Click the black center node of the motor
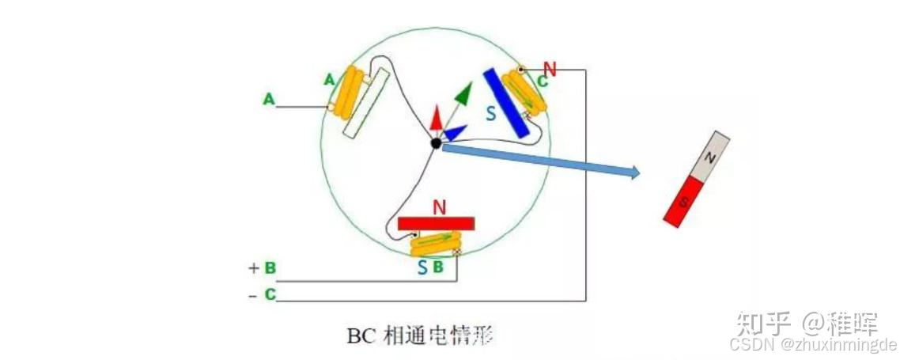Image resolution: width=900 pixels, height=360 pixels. [x=436, y=143]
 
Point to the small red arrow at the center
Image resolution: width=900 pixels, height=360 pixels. [x=436, y=117]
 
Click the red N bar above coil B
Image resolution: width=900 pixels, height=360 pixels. [x=437, y=223]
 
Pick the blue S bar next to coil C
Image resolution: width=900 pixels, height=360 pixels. [x=506, y=101]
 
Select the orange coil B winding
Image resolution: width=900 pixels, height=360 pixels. [x=434, y=242]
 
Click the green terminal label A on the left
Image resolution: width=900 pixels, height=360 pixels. [x=269, y=100]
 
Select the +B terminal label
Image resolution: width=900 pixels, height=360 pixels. [x=263, y=268]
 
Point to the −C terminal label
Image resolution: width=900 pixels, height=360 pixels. [x=263, y=294]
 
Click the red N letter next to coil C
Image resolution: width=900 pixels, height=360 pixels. [x=550, y=69]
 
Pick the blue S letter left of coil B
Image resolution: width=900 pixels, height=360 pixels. [x=423, y=267]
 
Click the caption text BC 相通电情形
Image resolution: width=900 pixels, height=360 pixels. [x=420, y=335]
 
